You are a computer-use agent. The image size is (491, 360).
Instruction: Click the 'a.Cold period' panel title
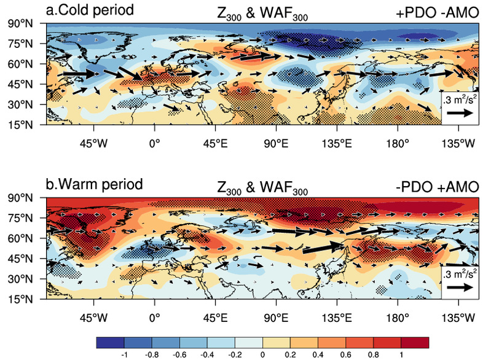click(x=90, y=10)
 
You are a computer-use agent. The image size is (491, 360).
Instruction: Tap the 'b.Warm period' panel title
click(x=94, y=184)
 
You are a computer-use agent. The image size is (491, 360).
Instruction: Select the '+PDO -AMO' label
click(x=437, y=12)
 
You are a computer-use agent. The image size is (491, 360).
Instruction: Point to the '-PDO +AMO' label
click(x=437, y=187)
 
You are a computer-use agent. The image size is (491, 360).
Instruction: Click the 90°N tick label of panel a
click(x=20, y=23)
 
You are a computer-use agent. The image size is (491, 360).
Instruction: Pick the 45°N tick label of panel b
click(x=20, y=259)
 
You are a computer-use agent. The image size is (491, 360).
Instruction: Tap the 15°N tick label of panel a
click(x=20, y=125)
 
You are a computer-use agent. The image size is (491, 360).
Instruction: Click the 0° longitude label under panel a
click(x=154, y=144)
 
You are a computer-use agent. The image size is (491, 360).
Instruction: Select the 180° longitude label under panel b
click(x=398, y=318)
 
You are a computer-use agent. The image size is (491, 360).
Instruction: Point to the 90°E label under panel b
click(x=276, y=318)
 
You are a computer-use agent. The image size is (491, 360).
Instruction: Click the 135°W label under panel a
click(x=458, y=144)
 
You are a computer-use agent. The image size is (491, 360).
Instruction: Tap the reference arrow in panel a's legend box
click(x=460, y=113)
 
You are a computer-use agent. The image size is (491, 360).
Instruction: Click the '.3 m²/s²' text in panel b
click(x=460, y=273)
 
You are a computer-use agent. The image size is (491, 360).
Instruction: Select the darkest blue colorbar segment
click(x=110, y=342)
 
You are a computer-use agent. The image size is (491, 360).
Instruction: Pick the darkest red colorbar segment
click(x=415, y=342)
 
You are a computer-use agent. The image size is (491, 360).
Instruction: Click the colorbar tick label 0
click(x=262, y=354)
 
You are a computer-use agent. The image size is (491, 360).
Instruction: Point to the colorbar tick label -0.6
click(x=179, y=354)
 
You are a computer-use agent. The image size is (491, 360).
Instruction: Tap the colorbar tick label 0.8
click(x=373, y=354)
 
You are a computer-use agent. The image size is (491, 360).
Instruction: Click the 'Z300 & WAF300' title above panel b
click(x=262, y=188)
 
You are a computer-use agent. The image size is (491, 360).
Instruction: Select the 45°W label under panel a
click(x=93, y=144)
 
